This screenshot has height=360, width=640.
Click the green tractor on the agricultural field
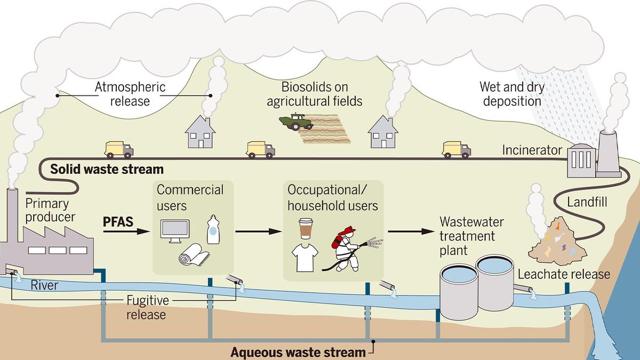click(x=295, y=122)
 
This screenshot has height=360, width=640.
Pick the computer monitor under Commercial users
click(x=174, y=231)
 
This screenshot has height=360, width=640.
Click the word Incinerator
click(x=532, y=150)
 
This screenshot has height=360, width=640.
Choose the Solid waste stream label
click(x=107, y=170)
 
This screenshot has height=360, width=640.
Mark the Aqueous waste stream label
click(x=298, y=352)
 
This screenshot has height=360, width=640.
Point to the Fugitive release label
click(x=145, y=307)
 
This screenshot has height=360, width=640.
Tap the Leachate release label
click(x=564, y=274)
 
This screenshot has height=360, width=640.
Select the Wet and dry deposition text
click(x=510, y=93)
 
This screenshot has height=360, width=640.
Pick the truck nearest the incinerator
click(x=457, y=149)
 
